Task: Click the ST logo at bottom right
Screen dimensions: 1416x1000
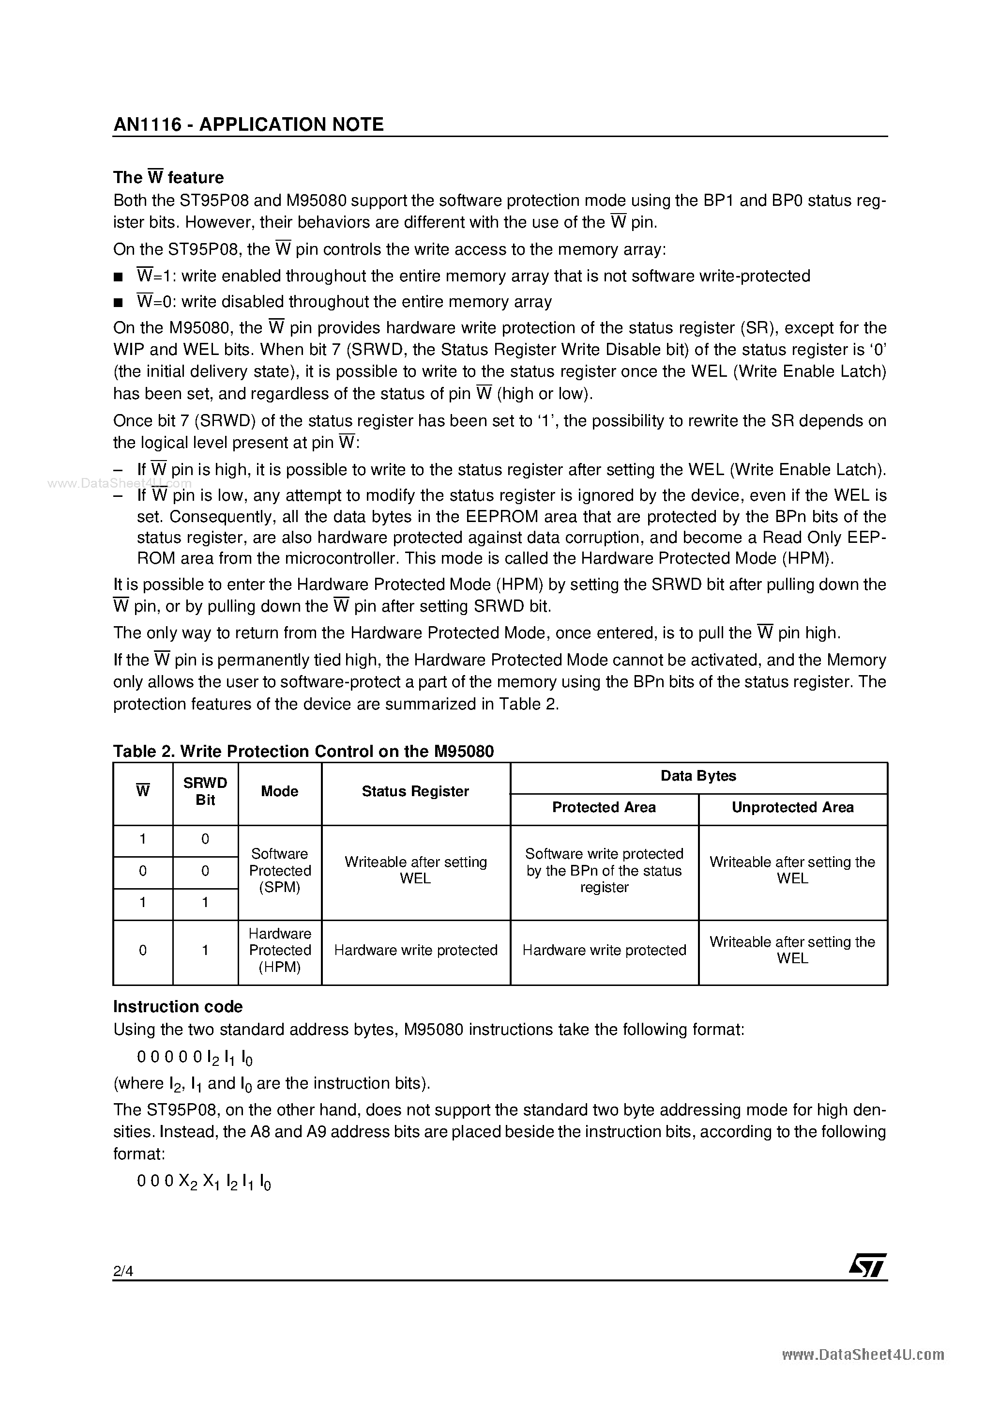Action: point(867,1265)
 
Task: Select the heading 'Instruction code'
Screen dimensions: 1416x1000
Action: point(178,1006)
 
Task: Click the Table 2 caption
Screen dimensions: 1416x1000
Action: point(303,751)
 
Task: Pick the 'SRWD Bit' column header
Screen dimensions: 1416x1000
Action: point(205,791)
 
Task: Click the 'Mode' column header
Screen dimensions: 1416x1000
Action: point(279,791)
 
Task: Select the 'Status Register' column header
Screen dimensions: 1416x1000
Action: point(415,791)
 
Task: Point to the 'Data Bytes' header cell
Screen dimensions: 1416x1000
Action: point(698,776)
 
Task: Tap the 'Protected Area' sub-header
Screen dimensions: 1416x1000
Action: point(604,807)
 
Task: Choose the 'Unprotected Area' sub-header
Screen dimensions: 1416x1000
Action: point(792,807)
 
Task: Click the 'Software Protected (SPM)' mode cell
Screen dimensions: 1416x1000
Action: point(279,870)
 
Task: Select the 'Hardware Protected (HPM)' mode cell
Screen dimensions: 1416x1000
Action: point(279,950)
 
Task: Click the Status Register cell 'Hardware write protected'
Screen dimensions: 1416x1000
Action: point(415,950)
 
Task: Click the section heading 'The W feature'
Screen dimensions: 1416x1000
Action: point(168,178)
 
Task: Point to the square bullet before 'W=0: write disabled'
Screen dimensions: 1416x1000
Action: point(119,303)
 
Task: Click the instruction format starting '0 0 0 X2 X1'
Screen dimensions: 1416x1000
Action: point(203,1182)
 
